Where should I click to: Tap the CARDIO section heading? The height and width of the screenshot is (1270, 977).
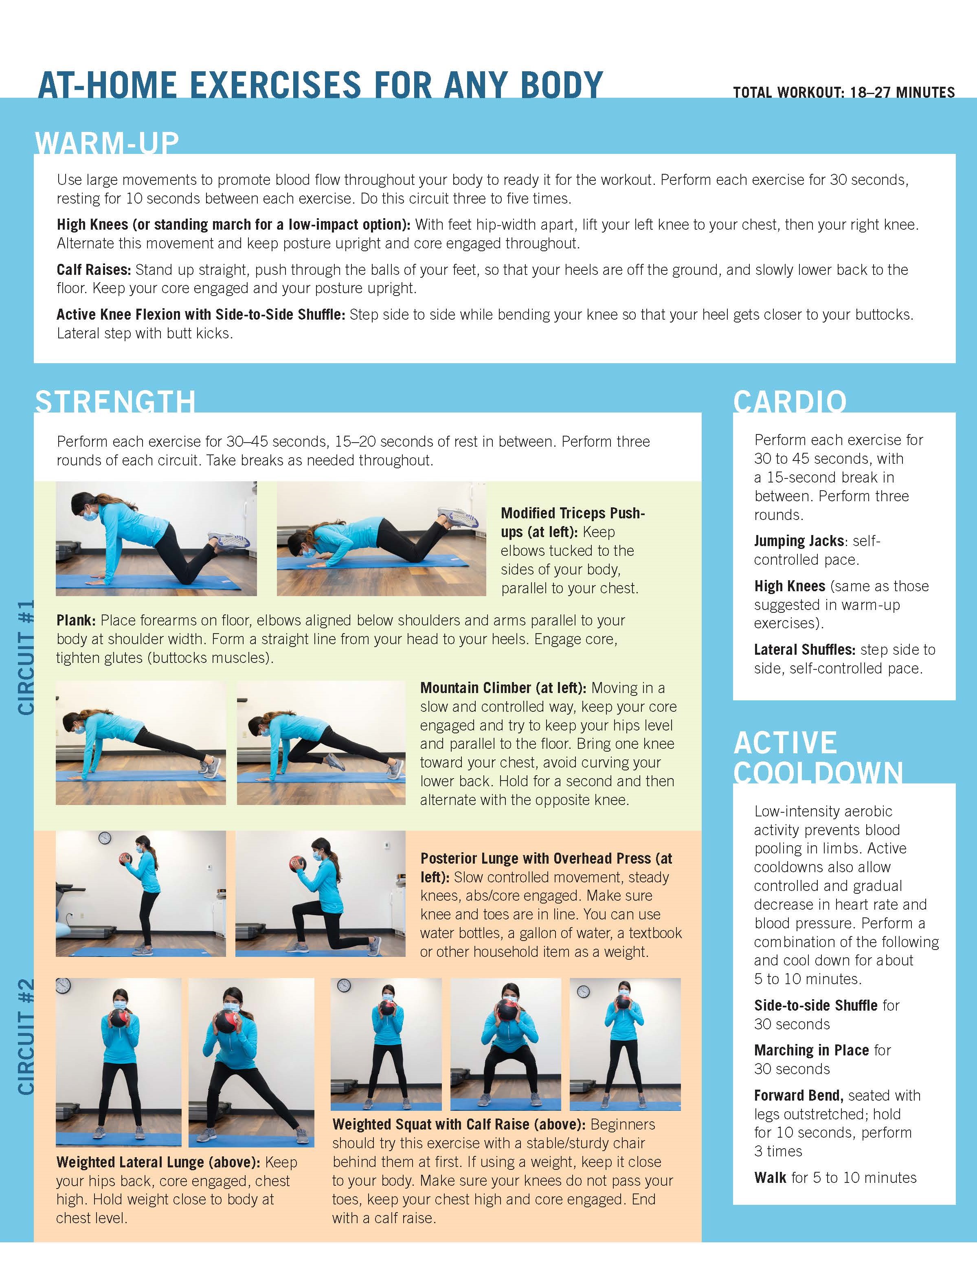tap(789, 401)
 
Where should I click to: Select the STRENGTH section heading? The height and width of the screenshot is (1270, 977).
tap(115, 401)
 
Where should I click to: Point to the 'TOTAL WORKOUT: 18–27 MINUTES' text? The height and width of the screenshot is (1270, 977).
tap(844, 92)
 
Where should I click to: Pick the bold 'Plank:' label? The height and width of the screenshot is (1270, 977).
tap(76, 621)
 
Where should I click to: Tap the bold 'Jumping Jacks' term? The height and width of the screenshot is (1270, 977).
tap(799, 541)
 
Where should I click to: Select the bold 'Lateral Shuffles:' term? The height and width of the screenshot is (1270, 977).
tap(805, 649)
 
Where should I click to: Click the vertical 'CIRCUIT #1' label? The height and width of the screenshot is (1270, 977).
tap(26, 657)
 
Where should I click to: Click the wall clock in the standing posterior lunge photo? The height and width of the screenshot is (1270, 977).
tap(105, 838)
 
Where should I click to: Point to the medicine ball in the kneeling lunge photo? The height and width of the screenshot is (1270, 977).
tap(297, 863)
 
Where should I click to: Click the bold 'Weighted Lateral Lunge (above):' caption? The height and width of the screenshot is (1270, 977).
tap(158, 1163)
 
